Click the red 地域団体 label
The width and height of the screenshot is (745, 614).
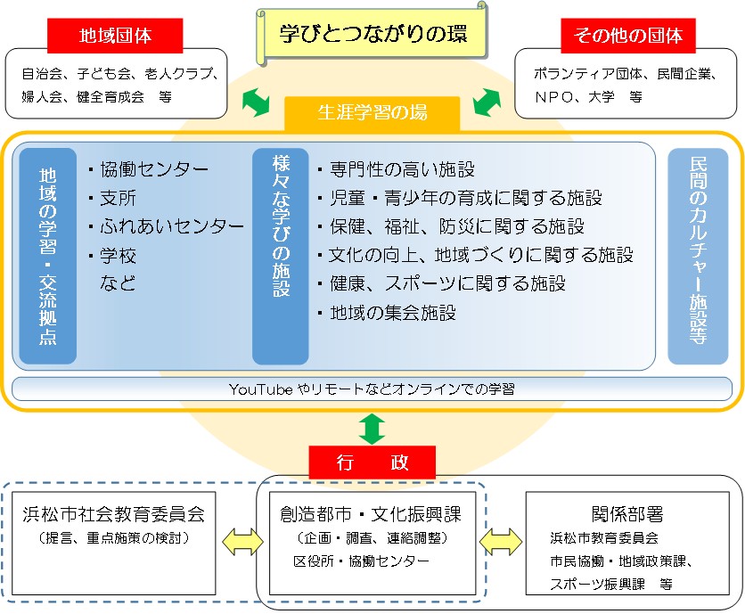click(115, 37)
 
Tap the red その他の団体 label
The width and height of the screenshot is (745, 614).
click(628, 37)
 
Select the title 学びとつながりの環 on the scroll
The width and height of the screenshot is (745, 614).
click(372, 35)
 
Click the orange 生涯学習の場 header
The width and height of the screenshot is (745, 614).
click(372, 113)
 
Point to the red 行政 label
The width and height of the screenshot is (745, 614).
click(372, 463)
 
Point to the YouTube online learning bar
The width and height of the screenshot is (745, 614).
click(372, 389)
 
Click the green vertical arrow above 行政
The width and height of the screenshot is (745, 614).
click(372, 428)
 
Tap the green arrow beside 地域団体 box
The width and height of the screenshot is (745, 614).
click(256, 102)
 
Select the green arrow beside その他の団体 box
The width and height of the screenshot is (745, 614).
click(487, 102)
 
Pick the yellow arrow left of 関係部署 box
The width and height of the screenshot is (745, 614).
click(501, 539)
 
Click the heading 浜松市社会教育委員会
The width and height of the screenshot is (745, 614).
click(113, 514)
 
